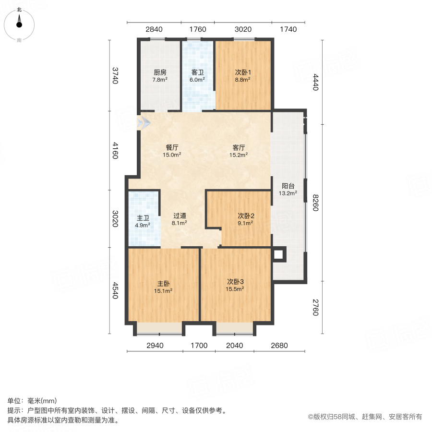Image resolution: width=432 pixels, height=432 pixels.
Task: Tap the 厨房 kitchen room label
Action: click(x=160, y=72)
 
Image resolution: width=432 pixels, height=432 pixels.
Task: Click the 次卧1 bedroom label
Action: click(x=243, y=72)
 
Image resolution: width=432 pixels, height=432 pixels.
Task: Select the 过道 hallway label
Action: click(x=180, y=216)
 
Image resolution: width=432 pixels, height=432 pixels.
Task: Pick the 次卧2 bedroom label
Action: click(x=246, y=216)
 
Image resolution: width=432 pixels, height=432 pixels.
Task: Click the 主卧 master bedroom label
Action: click(x=163, y=283)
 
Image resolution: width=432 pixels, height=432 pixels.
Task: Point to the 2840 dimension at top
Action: click(x=154, y=29)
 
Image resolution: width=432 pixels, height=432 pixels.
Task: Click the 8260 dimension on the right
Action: click(x=315, y=202)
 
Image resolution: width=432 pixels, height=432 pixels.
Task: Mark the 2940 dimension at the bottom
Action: click(x=155, y=346)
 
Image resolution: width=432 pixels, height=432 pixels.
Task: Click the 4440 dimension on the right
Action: click(x=315, y=82)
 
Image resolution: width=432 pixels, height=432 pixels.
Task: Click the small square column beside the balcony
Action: click(x=278, y=254)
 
